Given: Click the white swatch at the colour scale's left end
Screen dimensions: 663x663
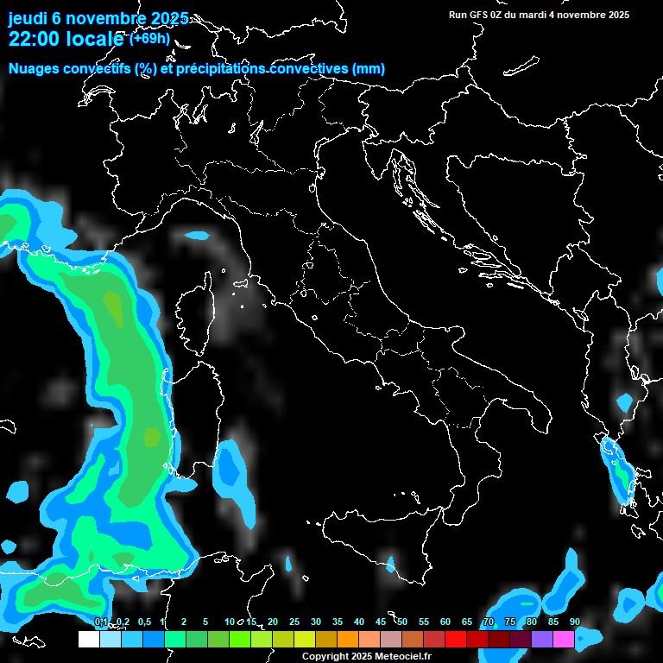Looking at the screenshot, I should click(x=88, y=640).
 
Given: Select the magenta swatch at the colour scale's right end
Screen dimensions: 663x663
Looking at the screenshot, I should click(x=564, y=640).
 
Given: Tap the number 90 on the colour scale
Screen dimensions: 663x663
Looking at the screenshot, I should click(x=575, y=622).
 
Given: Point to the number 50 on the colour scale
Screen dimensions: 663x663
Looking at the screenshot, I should click(x=402, y=622).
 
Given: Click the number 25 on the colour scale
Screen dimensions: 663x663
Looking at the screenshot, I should click(x=294, y=622).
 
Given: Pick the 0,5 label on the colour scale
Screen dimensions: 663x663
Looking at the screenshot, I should click(x=144, y=622).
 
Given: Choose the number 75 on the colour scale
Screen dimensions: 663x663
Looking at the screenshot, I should click(x=510, y=622).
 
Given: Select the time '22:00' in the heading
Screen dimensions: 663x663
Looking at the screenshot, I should click(x=37, y=39).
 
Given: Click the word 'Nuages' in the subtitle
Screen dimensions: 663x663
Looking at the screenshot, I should click(x=34, y=69).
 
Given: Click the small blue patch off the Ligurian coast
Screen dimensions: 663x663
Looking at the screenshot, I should click(x=197, y=235).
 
